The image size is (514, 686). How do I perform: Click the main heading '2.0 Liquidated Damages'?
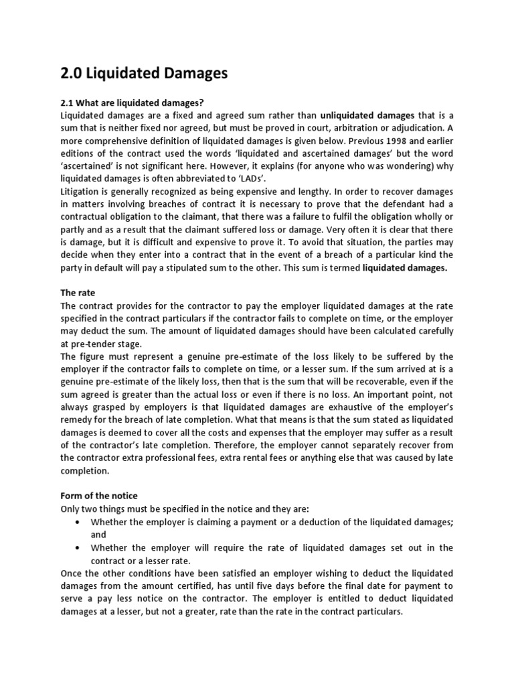[x=144, y=73]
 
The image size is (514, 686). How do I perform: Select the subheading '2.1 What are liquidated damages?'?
[x=131, y=102]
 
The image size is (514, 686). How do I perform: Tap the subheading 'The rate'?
[x=78, y=293]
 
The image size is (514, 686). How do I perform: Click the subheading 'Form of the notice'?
[x=99, y=496]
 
